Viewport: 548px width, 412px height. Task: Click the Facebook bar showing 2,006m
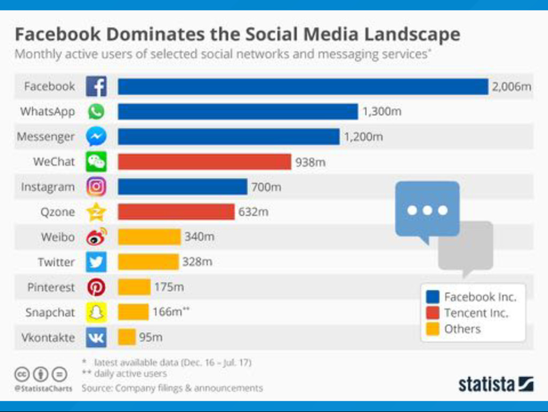point(303,87)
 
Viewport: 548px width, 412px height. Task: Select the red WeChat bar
point(204,162)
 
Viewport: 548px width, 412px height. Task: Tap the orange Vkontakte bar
point(127,337)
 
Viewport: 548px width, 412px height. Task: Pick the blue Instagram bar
point(182,187)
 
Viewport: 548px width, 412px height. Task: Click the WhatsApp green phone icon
point(96,111)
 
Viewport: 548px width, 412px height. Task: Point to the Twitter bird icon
point(96,262)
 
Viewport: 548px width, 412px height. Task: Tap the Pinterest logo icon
point(96,288)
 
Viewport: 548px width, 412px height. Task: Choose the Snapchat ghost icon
point(96,312)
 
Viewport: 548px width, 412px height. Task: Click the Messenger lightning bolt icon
point(96,137)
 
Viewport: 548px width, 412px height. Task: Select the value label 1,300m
point(382,112)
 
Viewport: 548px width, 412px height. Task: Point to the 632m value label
point(253,212)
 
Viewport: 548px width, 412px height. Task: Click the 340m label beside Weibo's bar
point(199,237)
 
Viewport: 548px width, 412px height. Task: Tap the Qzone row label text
point(58,212)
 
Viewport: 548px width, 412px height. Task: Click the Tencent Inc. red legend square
point(432,313)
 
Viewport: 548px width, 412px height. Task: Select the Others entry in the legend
point(462,329)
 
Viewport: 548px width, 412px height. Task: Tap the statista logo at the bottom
point(496,384)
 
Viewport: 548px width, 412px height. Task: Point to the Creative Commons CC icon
point(21,374)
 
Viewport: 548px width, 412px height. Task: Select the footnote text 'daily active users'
point(133,374)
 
